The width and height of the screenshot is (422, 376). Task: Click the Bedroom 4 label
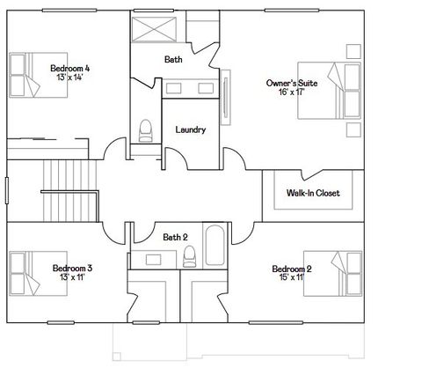point(69,68)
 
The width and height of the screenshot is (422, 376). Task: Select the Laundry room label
point(191,130)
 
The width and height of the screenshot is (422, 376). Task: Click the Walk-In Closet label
point(312,193)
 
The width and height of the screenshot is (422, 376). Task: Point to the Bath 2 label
point(175,237)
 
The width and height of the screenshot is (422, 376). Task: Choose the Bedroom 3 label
point(72,268)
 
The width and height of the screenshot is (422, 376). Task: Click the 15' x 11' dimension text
point(292,278)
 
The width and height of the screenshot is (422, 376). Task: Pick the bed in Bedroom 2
point(343,273)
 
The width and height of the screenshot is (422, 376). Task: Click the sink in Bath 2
point(153,259)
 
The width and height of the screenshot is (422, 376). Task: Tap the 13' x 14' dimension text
point(69,77)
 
